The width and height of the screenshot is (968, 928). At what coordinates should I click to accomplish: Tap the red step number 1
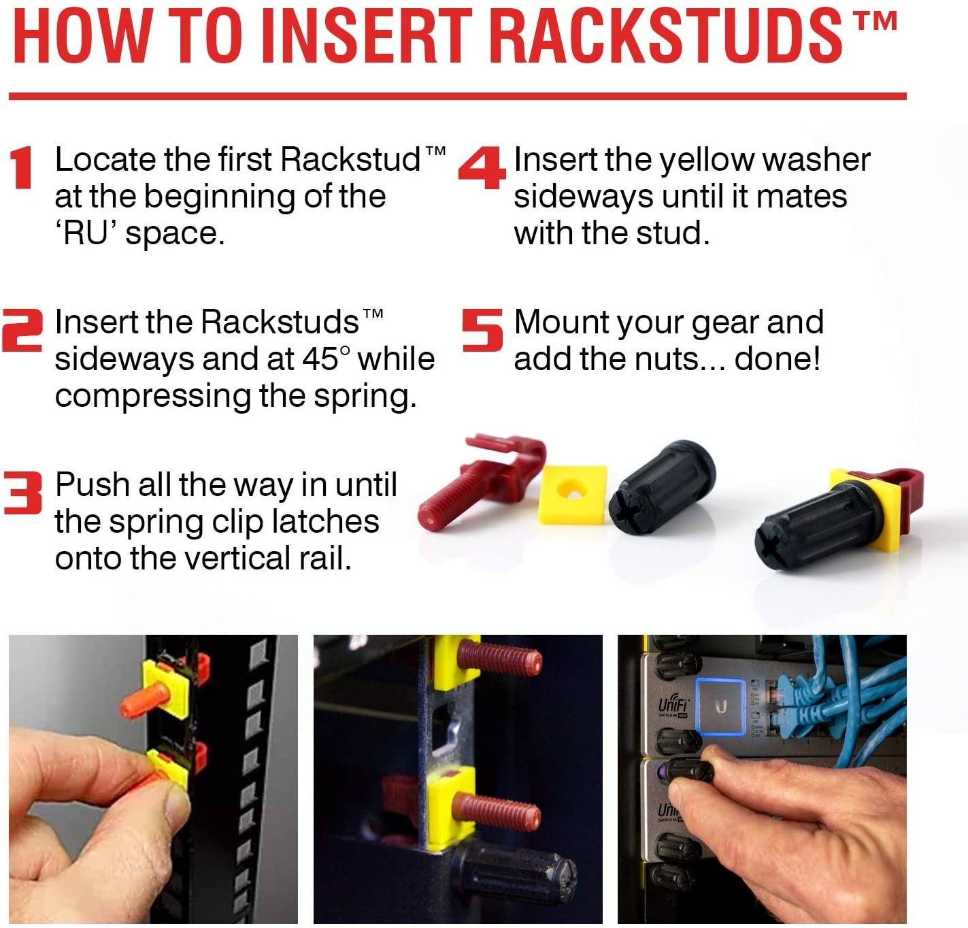pos(22,167)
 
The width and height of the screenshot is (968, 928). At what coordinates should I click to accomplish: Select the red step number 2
pos(22,330)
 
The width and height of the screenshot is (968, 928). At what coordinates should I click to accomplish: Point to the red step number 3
pos(22,493)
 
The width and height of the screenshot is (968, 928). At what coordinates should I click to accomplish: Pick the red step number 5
pos(482,330)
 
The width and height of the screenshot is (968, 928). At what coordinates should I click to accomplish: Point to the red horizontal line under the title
pos(457,96)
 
